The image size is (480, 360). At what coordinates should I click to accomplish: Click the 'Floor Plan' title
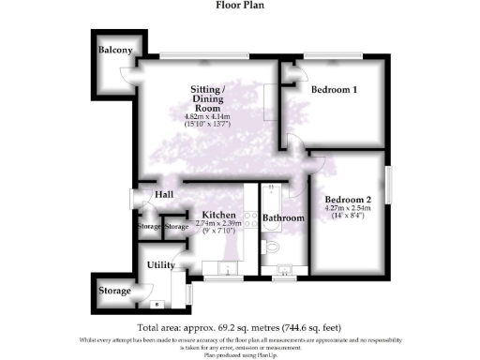[x=239, y=6]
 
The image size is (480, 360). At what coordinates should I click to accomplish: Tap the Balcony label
[x=115, y=50]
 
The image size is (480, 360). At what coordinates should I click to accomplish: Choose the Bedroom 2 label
[x=348, y=200]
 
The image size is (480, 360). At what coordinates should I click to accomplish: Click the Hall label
[x=164, y=194]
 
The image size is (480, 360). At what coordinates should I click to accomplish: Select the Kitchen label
[x=217, y=215]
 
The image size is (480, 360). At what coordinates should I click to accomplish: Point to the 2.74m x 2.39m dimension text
[x=217, y=224]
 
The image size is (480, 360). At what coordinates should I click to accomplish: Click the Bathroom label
[x=283, y=218]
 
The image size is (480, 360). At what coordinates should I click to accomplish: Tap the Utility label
[x=160, y=265]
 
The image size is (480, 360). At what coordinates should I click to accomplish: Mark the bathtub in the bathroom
[x=272, y=195]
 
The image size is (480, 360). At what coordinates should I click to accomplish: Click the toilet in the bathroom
[x=271, y=247]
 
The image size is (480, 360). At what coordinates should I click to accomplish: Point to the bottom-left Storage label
[x=115, y=291]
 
